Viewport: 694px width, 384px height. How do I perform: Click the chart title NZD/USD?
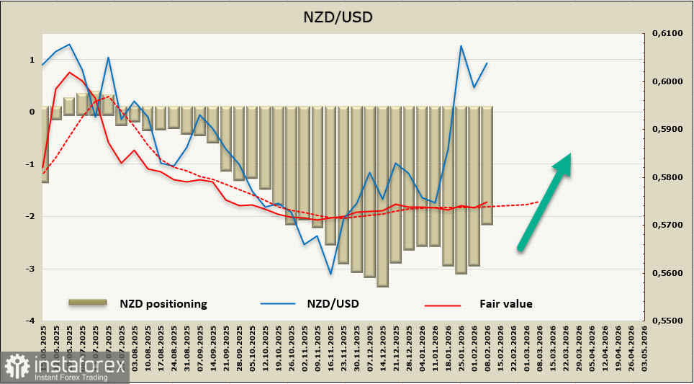pos(347,15)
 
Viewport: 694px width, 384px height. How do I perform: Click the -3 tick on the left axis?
pos(32,269)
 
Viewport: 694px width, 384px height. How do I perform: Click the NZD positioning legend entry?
pos(163,303)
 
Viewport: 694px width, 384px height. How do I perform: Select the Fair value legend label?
pos(505,303)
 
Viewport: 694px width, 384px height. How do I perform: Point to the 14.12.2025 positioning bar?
pos(382,196)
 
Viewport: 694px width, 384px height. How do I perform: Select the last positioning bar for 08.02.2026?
pos(487,166)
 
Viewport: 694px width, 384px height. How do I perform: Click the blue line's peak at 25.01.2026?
pos(461,46)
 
